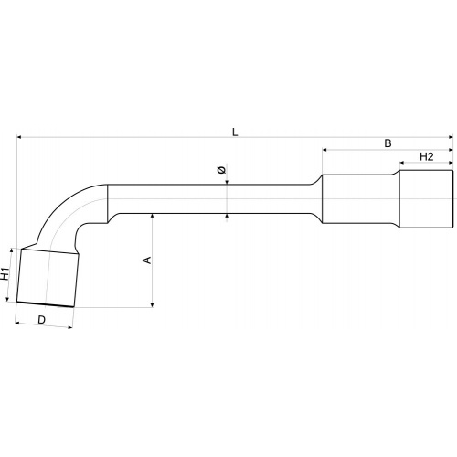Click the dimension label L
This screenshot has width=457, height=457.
pyautogui.click(x=235, y=133)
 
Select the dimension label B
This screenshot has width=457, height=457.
pyautogui.click(x=388, y=143)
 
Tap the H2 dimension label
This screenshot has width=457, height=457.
pyautogui.click(x=427, y=156)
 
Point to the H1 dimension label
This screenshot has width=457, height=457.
pyautogui.click(x=5, y=273)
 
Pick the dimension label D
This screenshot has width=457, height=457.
pyautogui.click(x=41, y=320)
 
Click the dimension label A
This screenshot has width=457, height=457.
pyautogui.click(x=147, y=260)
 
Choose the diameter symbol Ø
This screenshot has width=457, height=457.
pyautogui.click(x=222, y=170)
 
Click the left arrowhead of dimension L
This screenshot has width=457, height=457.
pyautogui.click(x=19, y=137)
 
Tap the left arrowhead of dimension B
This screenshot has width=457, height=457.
pyautogui.click(x=324, y=150)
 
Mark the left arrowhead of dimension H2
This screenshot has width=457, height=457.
pyautogui.click(x=401, y=163)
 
